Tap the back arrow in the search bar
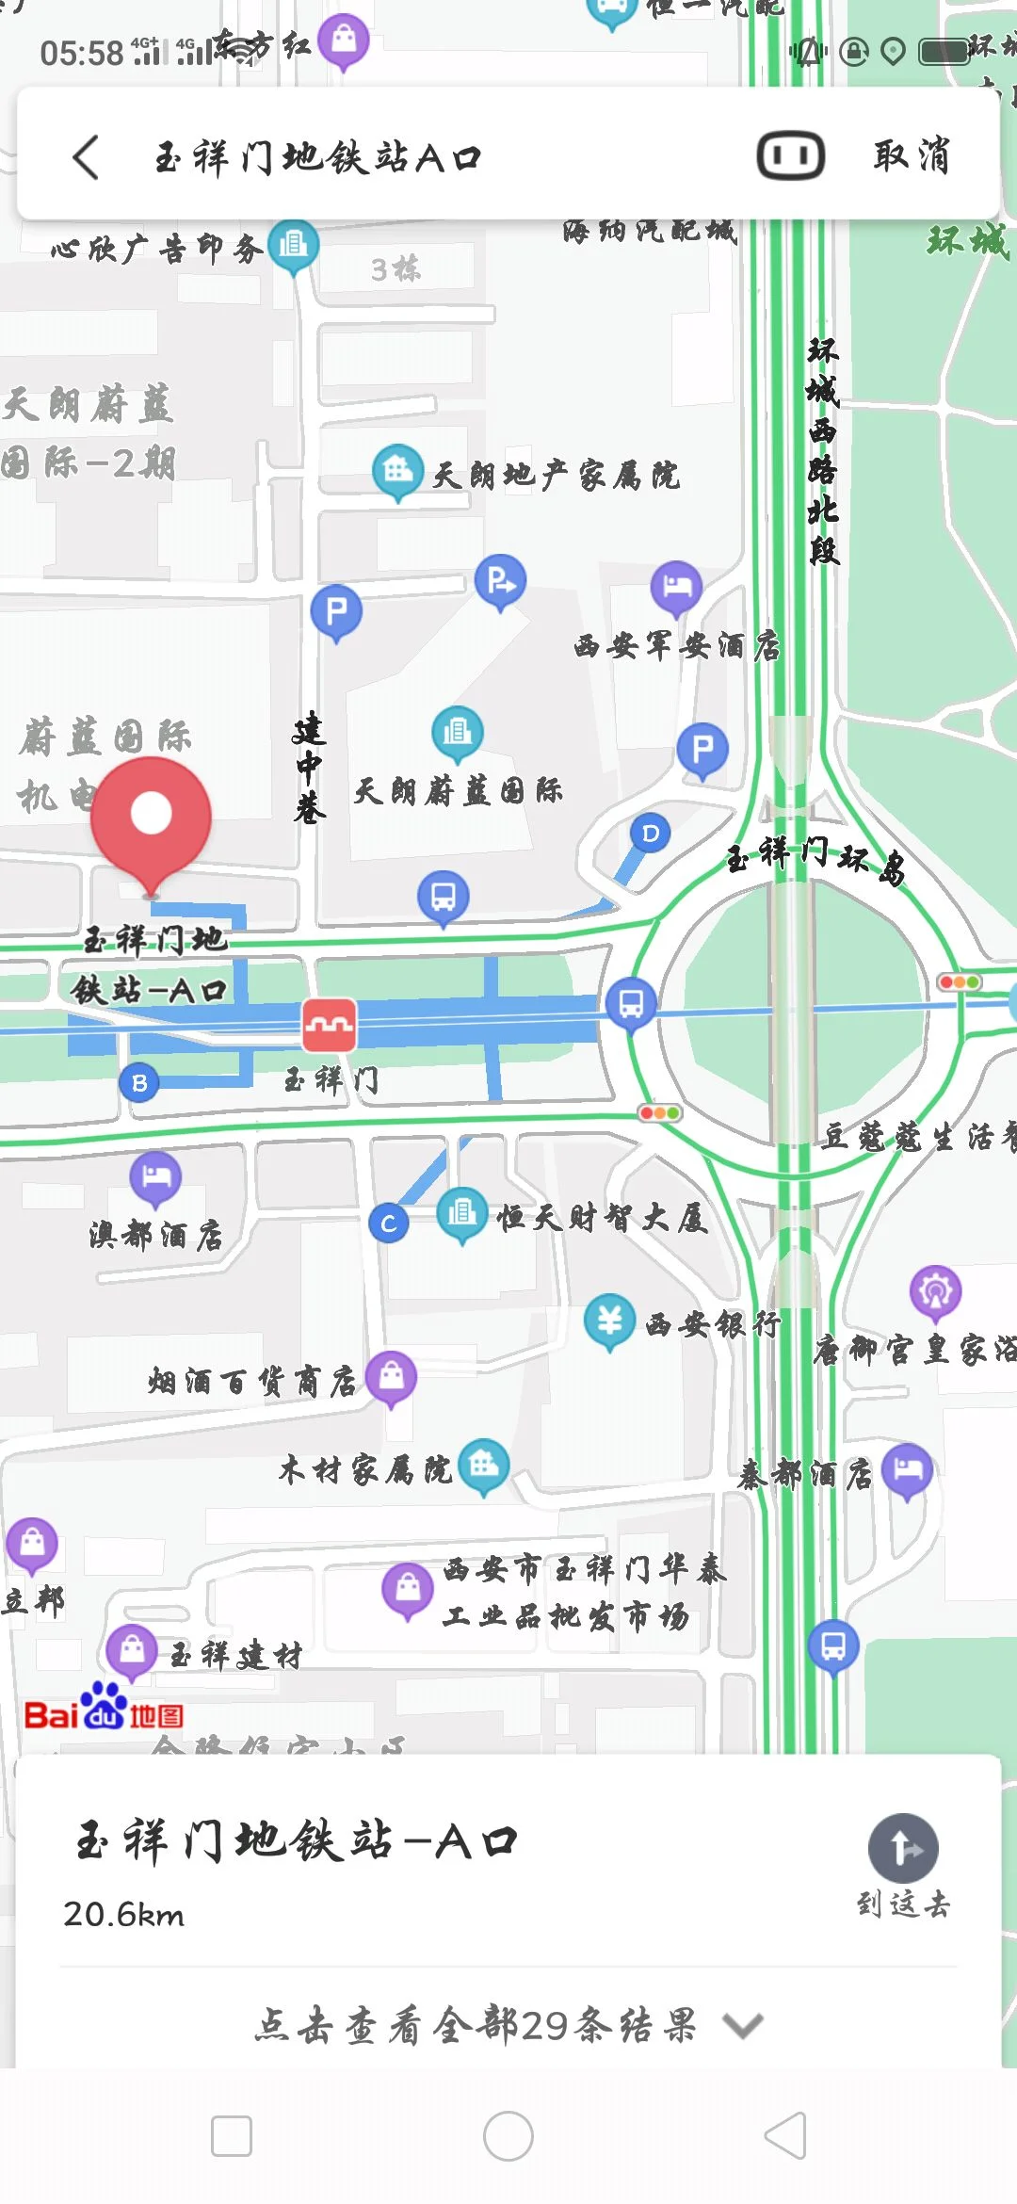point(86,157)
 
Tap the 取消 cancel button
point(911,156)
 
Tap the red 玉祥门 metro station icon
point(329,1025)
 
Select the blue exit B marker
point(139,1083)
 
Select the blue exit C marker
point(388,1224)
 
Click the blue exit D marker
point(650,834)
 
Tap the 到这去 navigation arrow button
point(903,1849)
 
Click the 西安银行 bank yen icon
point(609,1320)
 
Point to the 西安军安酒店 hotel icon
point(676,587)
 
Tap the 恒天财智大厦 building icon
point(461,1213)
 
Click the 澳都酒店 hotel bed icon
point(155,1176)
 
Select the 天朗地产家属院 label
point(556,476)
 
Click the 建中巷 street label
point(308,769)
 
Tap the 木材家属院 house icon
point(484,1465)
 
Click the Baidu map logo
point(104,1708)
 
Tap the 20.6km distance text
point(124,1915)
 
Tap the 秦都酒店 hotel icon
point(907,1469)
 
